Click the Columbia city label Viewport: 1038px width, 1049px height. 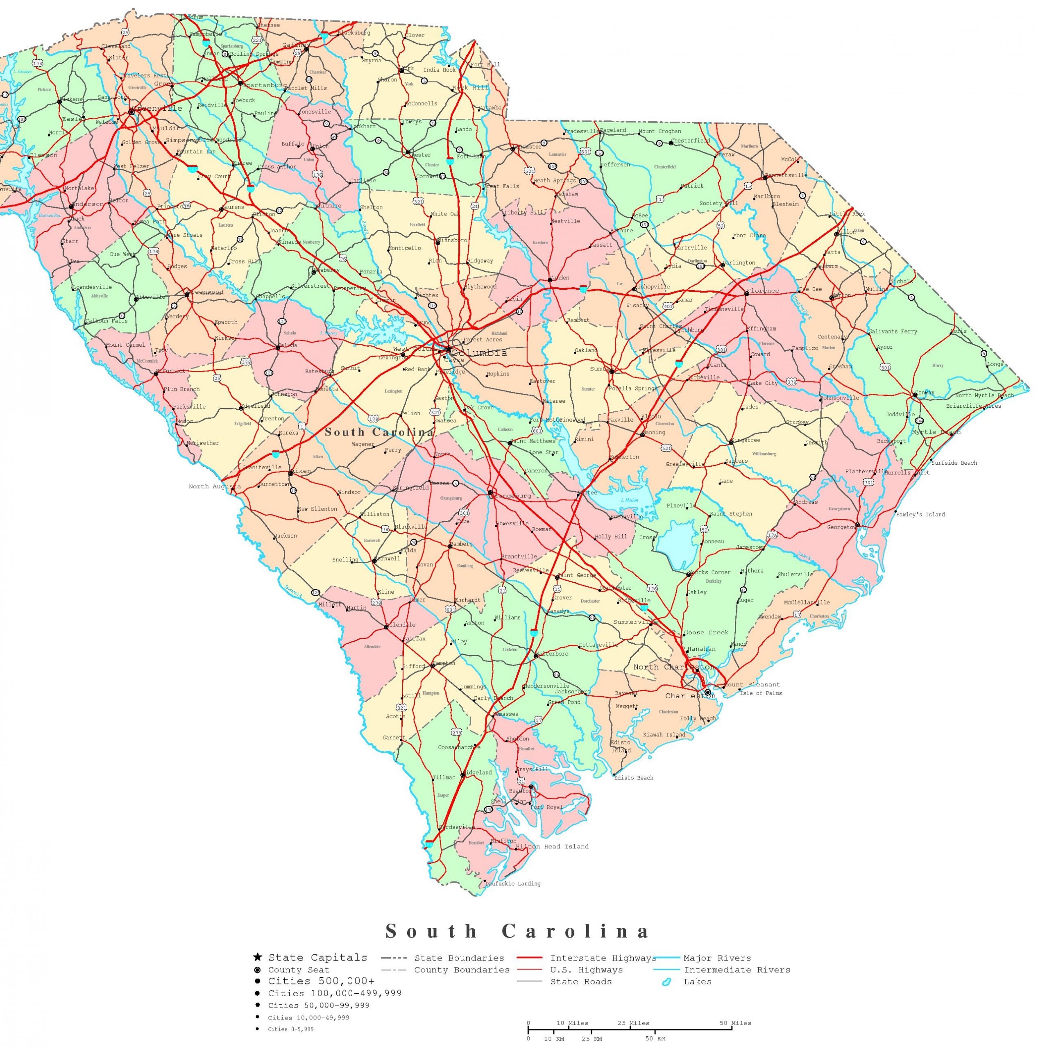[479, 353]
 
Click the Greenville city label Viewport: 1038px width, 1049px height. [157, 109]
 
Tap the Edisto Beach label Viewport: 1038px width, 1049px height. [634, 777]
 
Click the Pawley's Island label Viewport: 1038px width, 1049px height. [920, 514]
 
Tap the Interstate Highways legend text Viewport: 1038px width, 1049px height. [603, 958]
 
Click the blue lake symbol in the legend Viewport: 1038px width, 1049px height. [666, 982]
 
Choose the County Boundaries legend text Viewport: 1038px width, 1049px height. [462, 970]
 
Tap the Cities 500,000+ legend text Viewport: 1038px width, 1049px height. [321, 981]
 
